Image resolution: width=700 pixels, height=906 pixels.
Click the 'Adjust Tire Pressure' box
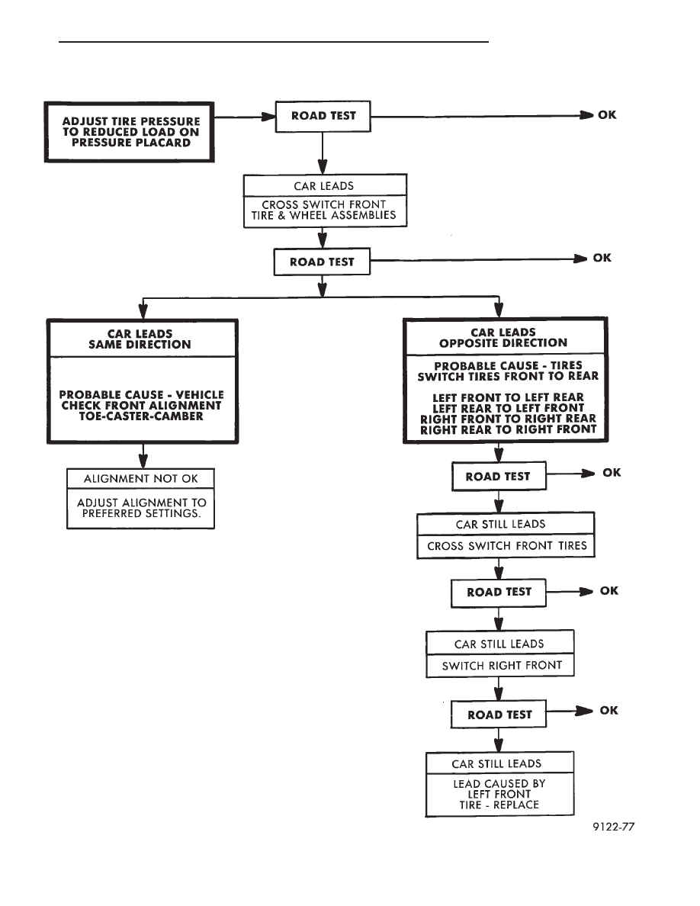[130, 133]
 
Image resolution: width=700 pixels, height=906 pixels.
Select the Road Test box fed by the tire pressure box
[323, 116]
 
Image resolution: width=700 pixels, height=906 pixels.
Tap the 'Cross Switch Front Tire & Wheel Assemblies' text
[323, 210]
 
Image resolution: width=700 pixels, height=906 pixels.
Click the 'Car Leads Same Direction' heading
[140, 339]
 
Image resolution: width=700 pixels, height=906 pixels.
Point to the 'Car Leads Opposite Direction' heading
[503, 337]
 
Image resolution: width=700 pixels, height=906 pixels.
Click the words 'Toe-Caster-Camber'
[142, 416]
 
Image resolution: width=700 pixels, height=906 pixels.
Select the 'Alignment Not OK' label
[141, 478]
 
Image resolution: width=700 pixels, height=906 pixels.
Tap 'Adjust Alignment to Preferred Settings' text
[142, 508]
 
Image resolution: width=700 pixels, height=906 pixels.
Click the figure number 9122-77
[613, 827]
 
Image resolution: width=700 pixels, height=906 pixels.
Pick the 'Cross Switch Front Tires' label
[507, 545]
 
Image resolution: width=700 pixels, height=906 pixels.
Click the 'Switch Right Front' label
[502, 666]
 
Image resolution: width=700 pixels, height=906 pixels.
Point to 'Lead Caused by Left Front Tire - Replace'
[499, 794]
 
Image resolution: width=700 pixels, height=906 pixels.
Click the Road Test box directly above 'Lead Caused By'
[499, 715]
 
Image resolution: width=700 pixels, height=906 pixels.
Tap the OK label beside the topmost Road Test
[607, 115]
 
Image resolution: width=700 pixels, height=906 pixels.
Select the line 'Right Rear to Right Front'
[509, 429]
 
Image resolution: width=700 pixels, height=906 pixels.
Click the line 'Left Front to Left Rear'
[509, 397]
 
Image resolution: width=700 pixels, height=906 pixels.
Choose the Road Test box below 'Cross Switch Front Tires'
[499, 593]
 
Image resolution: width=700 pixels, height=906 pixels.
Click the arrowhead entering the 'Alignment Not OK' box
[143, 461]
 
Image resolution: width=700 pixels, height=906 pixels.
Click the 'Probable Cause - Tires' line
[509, 366]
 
